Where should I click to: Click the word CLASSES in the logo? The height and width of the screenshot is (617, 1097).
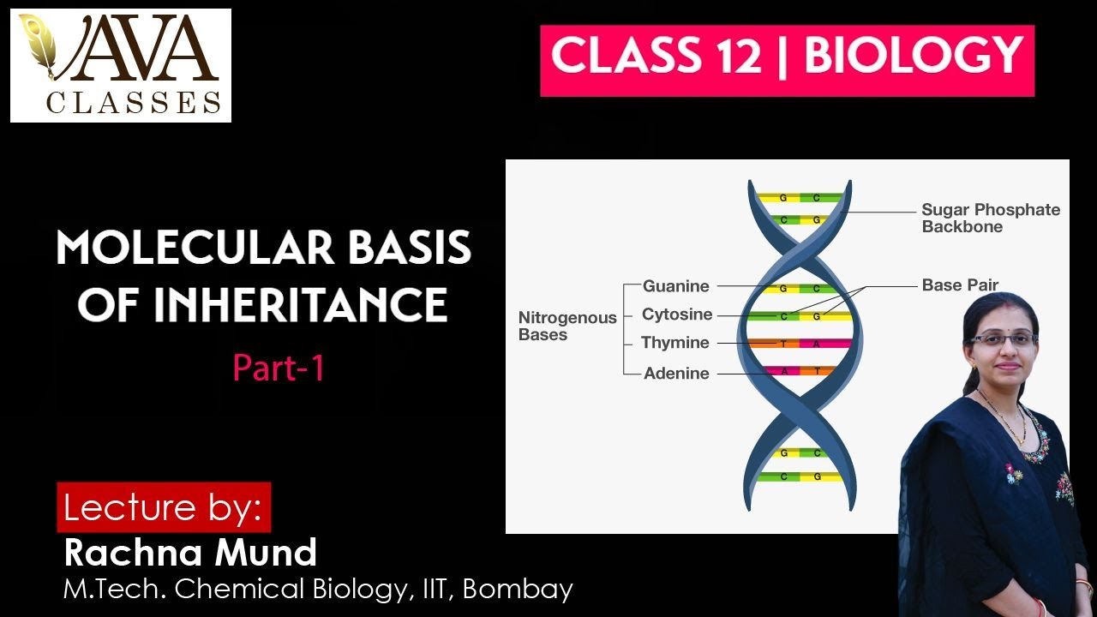tap(133, 103)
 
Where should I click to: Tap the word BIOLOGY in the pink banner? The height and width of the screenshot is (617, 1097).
tap(914, 57)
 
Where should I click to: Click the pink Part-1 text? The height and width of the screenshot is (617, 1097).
tap(279, 368)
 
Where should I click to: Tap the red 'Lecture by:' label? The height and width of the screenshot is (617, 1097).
tap(163, 507)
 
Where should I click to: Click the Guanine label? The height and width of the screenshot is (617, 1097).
tap(676, 286)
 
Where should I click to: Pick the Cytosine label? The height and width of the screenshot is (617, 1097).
tap(677, 314)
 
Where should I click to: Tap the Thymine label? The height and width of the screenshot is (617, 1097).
tap(675, 343)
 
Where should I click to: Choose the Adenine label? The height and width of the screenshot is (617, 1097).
tap(676, 374)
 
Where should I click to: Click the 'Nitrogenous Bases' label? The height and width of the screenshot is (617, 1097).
tap(566, 326)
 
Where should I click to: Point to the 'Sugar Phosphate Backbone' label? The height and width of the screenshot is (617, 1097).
tap(990, 218)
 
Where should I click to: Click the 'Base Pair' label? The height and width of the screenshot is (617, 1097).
tap(960, 285)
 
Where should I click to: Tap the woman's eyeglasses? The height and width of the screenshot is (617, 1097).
tap(1004, 339)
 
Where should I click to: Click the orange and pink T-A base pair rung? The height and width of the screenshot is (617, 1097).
tap(799, 344)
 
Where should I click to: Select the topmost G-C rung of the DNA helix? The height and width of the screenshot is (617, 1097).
tap(799, 198)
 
